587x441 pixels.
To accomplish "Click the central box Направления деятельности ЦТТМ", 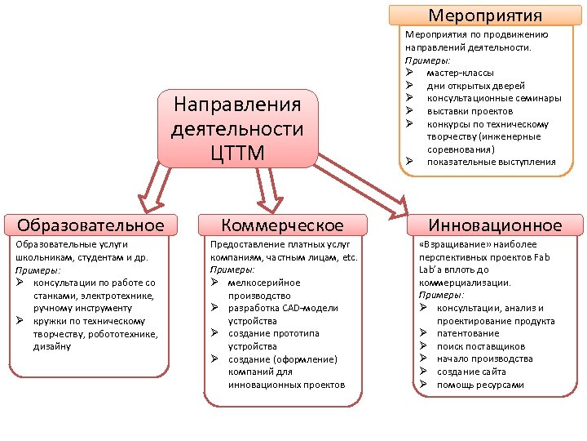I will (237, 129).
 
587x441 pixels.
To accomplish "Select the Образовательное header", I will (90, 225).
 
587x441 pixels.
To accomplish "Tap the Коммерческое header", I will (283, 225).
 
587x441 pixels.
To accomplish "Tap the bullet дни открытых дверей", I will (475, 86).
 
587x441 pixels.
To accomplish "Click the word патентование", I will (467, 333).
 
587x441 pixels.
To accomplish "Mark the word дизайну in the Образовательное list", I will (53, 346).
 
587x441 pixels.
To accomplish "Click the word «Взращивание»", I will (450, 244).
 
